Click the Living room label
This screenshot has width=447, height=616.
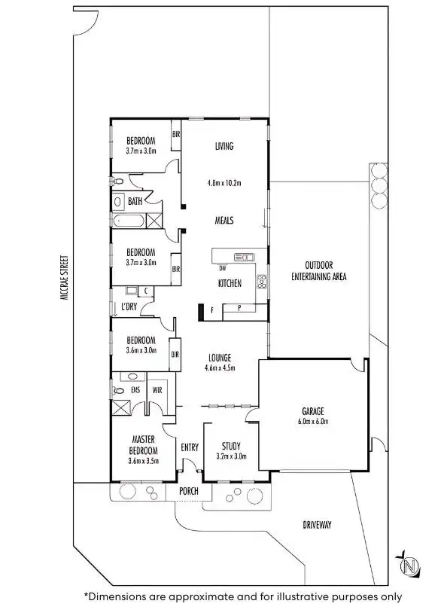pyautogui.click(x=223, y=146)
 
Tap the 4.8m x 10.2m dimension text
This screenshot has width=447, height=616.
pyautogui.click(x=223, y=183)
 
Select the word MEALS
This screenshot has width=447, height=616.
pyautogui.click(x=223, y=221)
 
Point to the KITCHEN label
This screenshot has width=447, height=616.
pyautogui.click(x=230, y=284)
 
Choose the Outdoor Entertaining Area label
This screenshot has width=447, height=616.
pyautogui.click(x=318, y=270)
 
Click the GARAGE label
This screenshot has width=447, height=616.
pyautogui.click(x=313, y=411)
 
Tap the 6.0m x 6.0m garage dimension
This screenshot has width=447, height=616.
pyautogui.click(x=313, y=422)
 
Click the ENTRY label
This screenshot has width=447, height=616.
pyautogui.click(x=190, y=447)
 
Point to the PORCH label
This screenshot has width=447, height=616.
pyautogui.click(x=189, y=492)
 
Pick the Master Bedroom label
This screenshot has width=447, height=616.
pyautogui.click(x=143, y=445)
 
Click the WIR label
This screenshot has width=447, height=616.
pyautogui.click(x=158, y=391)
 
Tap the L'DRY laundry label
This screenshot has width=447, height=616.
pyautogui.click(x=129, y=306)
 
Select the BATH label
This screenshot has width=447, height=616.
pyautogui.click(x=135, y=202)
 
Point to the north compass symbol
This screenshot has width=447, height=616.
pyautogui.click(x=409, y=565)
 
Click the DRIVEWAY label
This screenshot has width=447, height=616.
pyautogui.click(x=316, y=524)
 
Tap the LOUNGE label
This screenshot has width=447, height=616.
pyautogui.click(x=220, y=358)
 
